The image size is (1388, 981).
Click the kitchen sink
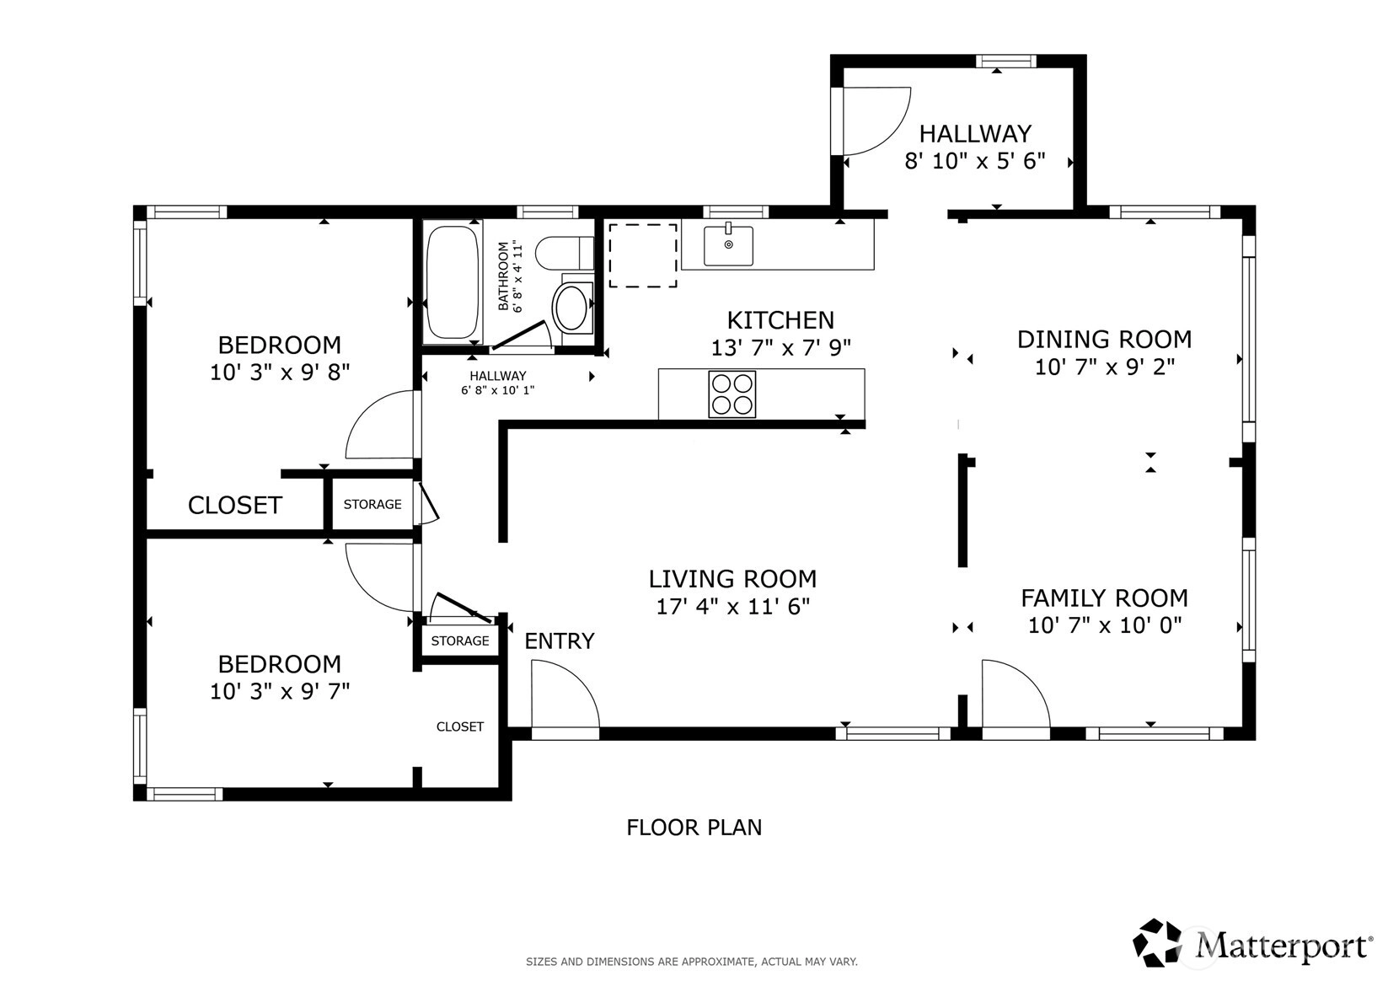pyautogui.click(x=728, y=244)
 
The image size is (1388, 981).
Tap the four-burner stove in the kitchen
pyautogui.click(x=732, y=394)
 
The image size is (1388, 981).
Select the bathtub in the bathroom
pyautogui.click(x=453, y=282)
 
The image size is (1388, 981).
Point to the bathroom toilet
pyautogui.click(x=564, y=253)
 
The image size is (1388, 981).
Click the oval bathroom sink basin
pyautogui.click(x=570, y=308)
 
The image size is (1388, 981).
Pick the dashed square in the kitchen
pyautogui.click(x=642, y=255)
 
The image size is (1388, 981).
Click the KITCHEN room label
pyautogui.click(x=780, y=320)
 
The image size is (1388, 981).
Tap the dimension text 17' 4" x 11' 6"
pyautogui.click(x=732, y=606)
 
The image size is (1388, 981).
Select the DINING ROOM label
pyautogui.click(x=1104, y=340)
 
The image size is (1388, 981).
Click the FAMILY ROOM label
pyautogui.click(x=1104, y=598)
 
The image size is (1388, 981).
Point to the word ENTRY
pyautogui.click(x=560, y=641)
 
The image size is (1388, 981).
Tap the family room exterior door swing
pyautogui.click(x=1016, y=694)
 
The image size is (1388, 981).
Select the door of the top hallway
pyautogui.click(x=876, y=121)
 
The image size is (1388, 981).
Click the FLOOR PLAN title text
pyautogui.click(x=694, y=828)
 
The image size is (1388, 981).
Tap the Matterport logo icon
pyautogui.click(x=1157, y=942)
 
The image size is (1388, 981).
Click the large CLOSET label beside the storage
pyautogui.click(x=235, y=506)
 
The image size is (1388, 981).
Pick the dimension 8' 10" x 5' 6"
pyautogui.click(x=975, y=161)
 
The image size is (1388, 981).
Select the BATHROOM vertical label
pyautogui.click(x=510, y=276)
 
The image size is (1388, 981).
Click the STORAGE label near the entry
pyautogui.click(x=460, y=641)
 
